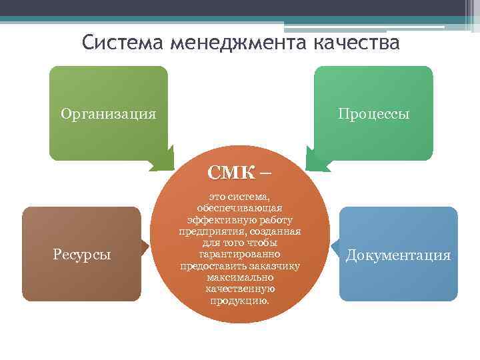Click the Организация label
point(108,113)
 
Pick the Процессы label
point(373,113)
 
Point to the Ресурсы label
point(82,254)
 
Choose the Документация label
point(399,255)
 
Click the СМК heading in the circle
point(231,173)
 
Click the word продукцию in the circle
point(239,300)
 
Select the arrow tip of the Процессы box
point(309,162)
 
